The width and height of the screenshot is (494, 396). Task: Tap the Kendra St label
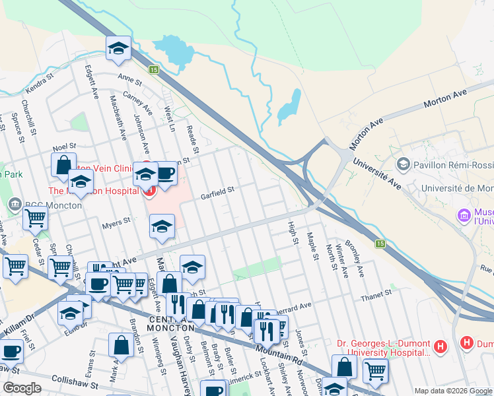[x=38, y=86]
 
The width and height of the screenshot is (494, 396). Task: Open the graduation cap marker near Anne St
[x=119, y=48]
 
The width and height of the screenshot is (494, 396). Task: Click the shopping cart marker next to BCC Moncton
[x=35, y=217]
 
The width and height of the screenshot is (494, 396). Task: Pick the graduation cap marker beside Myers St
[x=161, y=226]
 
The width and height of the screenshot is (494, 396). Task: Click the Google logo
[x=22, y=388]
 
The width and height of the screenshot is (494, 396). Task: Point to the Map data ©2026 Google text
[x=452, y=391]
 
